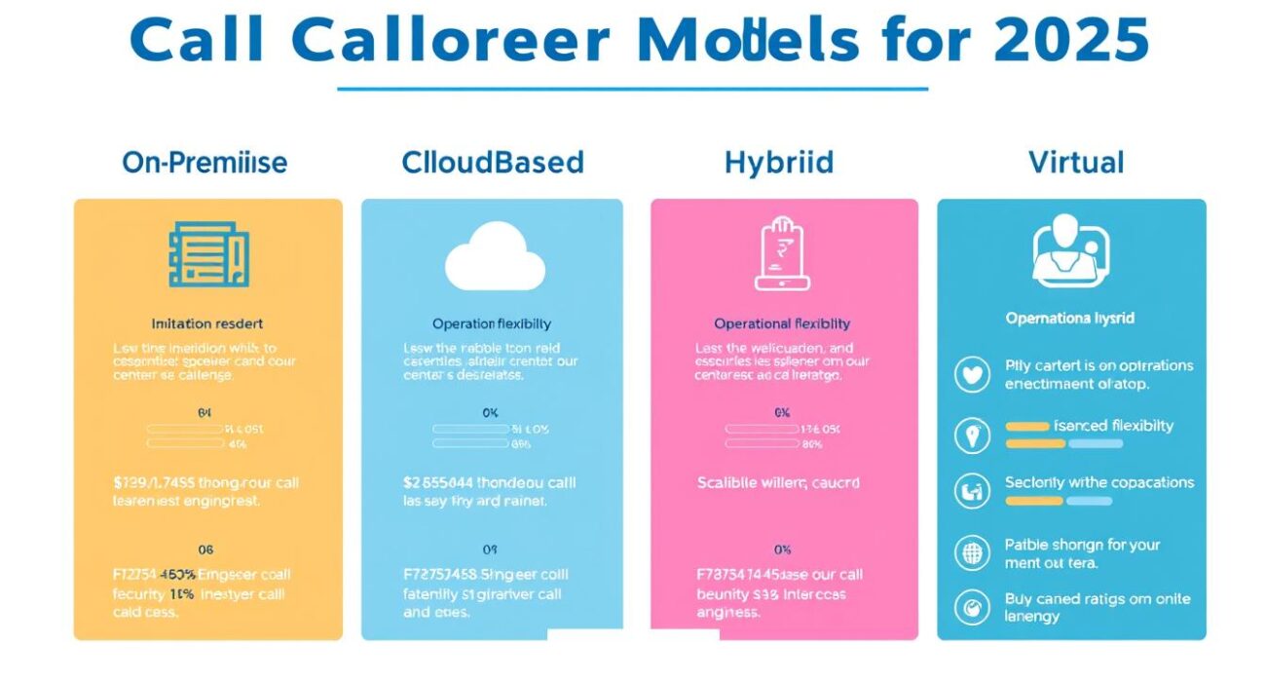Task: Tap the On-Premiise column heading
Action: pyautogui.click(x=205, y=163)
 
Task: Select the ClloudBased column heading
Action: pyautogui.click(x=492, y=163)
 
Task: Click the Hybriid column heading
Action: pyautogui.click(x=779, y=163)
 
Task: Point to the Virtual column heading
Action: pyautogui.click(x=1076, y=163)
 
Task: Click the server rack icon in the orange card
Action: pyautogui.click(x=208, y=255)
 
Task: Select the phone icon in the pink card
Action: pyautogui.click(x=782, y=255)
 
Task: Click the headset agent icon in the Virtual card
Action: pyautogui.click(x=1069, y=252)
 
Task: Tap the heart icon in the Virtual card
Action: pyautogui.click(x=972, y=375)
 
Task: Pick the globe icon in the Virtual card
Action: pyautogui.click(x=972, y=553)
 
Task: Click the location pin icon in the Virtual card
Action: pyautogui.click(x=972, y=436)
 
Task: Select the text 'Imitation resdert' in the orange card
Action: pyautogui.click(x=207, y=322)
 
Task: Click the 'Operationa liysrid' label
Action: pyautogui.click(x=1069, y=319)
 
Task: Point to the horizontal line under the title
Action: pyautogui.click(x=633, y=89)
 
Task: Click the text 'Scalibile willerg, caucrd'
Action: pyautogui.click(x=778, y=482)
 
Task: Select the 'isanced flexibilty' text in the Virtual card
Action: pyautogui.click(x=1113, y=426)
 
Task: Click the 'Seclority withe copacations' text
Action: pyautogui.click(x=1098, y=482)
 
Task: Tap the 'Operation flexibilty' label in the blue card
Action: pyautogui.click(x=493, y=323)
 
